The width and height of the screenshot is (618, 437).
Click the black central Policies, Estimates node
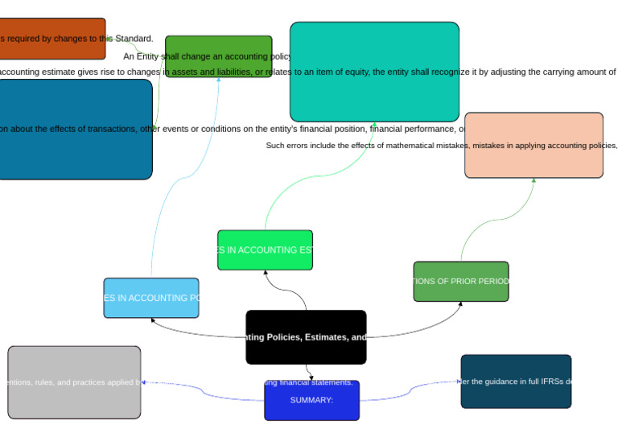(x=306, y=337)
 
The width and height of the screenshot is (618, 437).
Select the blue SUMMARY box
(x=311, y=401)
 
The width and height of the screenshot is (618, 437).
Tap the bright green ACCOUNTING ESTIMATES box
(x=265, y=250)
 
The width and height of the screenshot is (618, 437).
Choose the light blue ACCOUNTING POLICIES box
(x=151, y=298)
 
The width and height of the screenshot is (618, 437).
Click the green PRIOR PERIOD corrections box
(x=461, y=282)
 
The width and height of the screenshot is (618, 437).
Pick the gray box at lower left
(x=74, y=382)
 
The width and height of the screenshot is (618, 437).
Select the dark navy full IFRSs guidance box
(x=516, y=381)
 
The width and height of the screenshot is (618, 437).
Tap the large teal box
(x=374, y=72)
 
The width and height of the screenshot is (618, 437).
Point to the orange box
(x=51, y=39)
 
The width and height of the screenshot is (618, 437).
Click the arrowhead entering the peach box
(x=534, y=181)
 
